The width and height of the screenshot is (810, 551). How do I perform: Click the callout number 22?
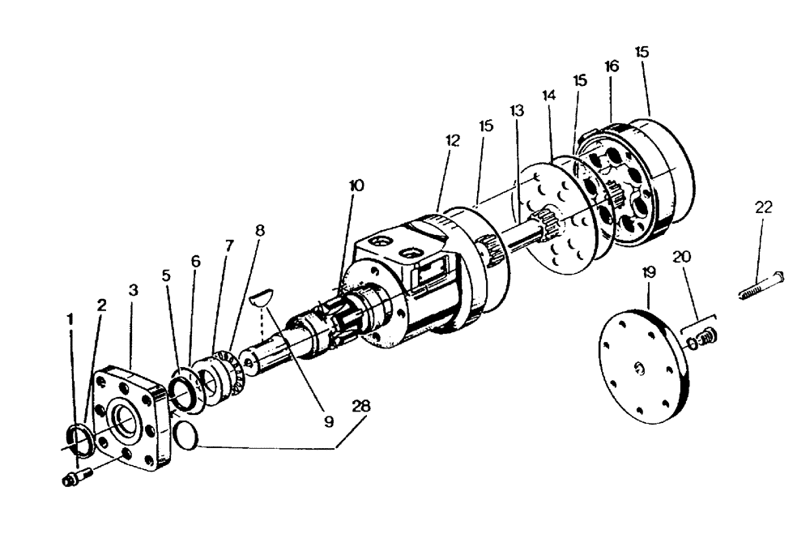coord(763,207)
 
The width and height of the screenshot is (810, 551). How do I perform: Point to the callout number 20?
coord(682,257)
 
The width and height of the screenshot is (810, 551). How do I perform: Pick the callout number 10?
coord(356,186)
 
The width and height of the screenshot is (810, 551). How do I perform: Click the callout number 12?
coord(452,140)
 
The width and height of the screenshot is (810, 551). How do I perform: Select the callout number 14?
coord(549,95)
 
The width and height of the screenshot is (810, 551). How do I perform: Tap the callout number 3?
coord(132,289)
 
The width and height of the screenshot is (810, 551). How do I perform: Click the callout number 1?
coord(70,319)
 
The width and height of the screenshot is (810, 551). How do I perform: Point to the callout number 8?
coord(259,230)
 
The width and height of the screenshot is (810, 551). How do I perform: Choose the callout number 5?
coord(167,275)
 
